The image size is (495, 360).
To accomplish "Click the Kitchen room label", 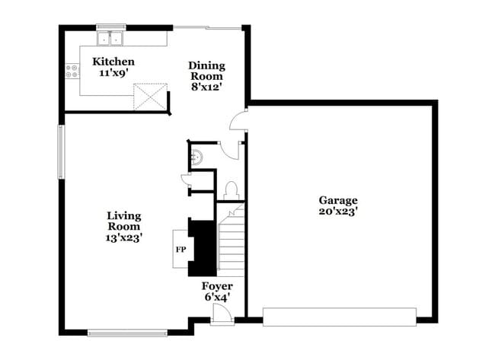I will [113, 62].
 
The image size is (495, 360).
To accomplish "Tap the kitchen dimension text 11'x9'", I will [113, 74].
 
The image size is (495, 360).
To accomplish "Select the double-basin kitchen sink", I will [112, 37].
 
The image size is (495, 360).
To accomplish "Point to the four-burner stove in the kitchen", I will [73, 72].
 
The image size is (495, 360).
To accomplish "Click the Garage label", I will [338, 200].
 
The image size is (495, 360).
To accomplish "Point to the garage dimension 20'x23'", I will [338, 212].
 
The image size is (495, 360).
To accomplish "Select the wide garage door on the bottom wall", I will [339, 316].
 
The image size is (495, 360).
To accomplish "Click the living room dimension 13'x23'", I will [123, 237].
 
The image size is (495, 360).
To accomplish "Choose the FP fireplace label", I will [180, 250].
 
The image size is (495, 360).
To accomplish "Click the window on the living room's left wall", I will [62, 151].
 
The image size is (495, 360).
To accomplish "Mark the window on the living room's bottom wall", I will [127, 332].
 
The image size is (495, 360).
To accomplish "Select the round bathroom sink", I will [196, 157].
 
